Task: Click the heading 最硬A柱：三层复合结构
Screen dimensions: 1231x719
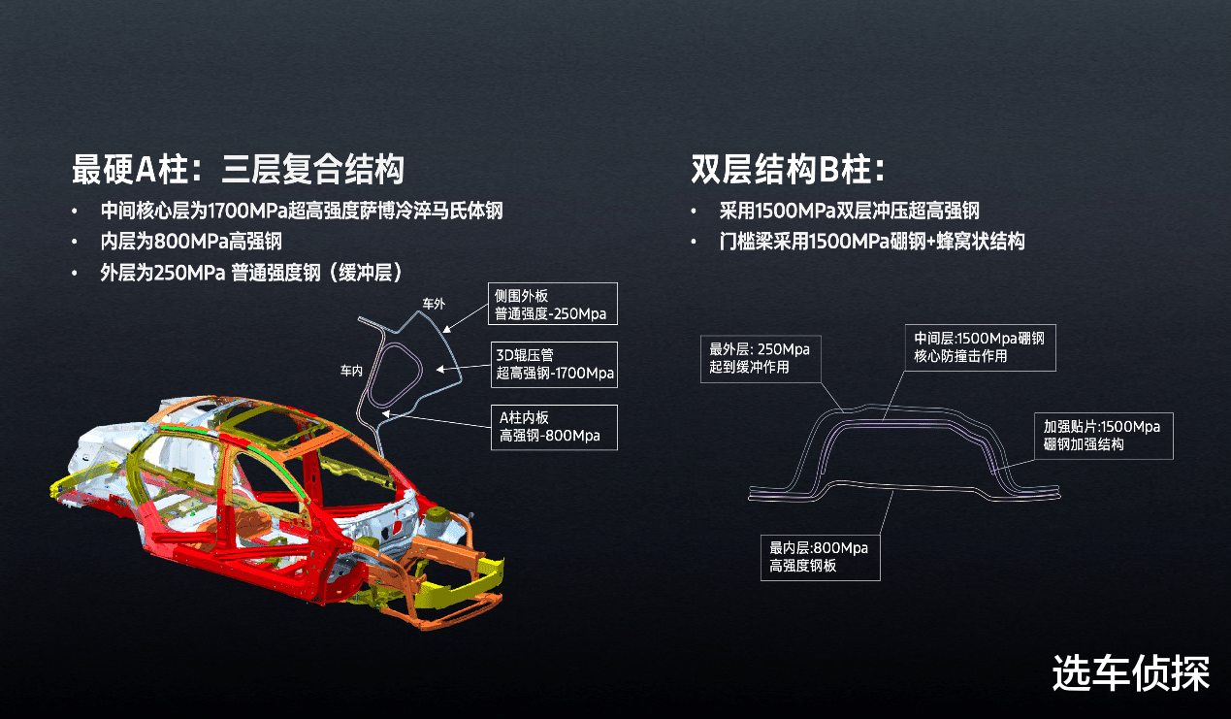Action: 238,169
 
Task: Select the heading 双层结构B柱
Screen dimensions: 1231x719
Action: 788,169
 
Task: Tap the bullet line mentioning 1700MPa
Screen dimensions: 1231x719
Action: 302,211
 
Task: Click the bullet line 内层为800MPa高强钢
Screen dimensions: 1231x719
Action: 191,242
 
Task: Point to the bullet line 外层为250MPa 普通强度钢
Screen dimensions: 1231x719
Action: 251,273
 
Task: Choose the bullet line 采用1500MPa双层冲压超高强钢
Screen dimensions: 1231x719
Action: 850,211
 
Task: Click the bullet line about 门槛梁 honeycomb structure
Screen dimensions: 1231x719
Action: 872,242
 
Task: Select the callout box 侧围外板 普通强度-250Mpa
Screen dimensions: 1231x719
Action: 553,304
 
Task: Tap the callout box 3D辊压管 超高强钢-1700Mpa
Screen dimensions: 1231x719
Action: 554,365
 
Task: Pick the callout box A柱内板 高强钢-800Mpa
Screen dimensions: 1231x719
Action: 554,428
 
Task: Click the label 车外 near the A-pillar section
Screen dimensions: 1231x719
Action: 434,304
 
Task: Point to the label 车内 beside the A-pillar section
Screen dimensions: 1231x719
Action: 352,371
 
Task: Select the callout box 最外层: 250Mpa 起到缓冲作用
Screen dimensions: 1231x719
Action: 761,359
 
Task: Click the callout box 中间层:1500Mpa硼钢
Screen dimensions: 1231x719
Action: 981,347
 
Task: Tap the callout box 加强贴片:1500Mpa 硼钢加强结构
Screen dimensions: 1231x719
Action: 1104,436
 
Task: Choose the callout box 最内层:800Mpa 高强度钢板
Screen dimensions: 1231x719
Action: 821,557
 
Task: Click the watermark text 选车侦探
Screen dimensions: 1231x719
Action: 1131,673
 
